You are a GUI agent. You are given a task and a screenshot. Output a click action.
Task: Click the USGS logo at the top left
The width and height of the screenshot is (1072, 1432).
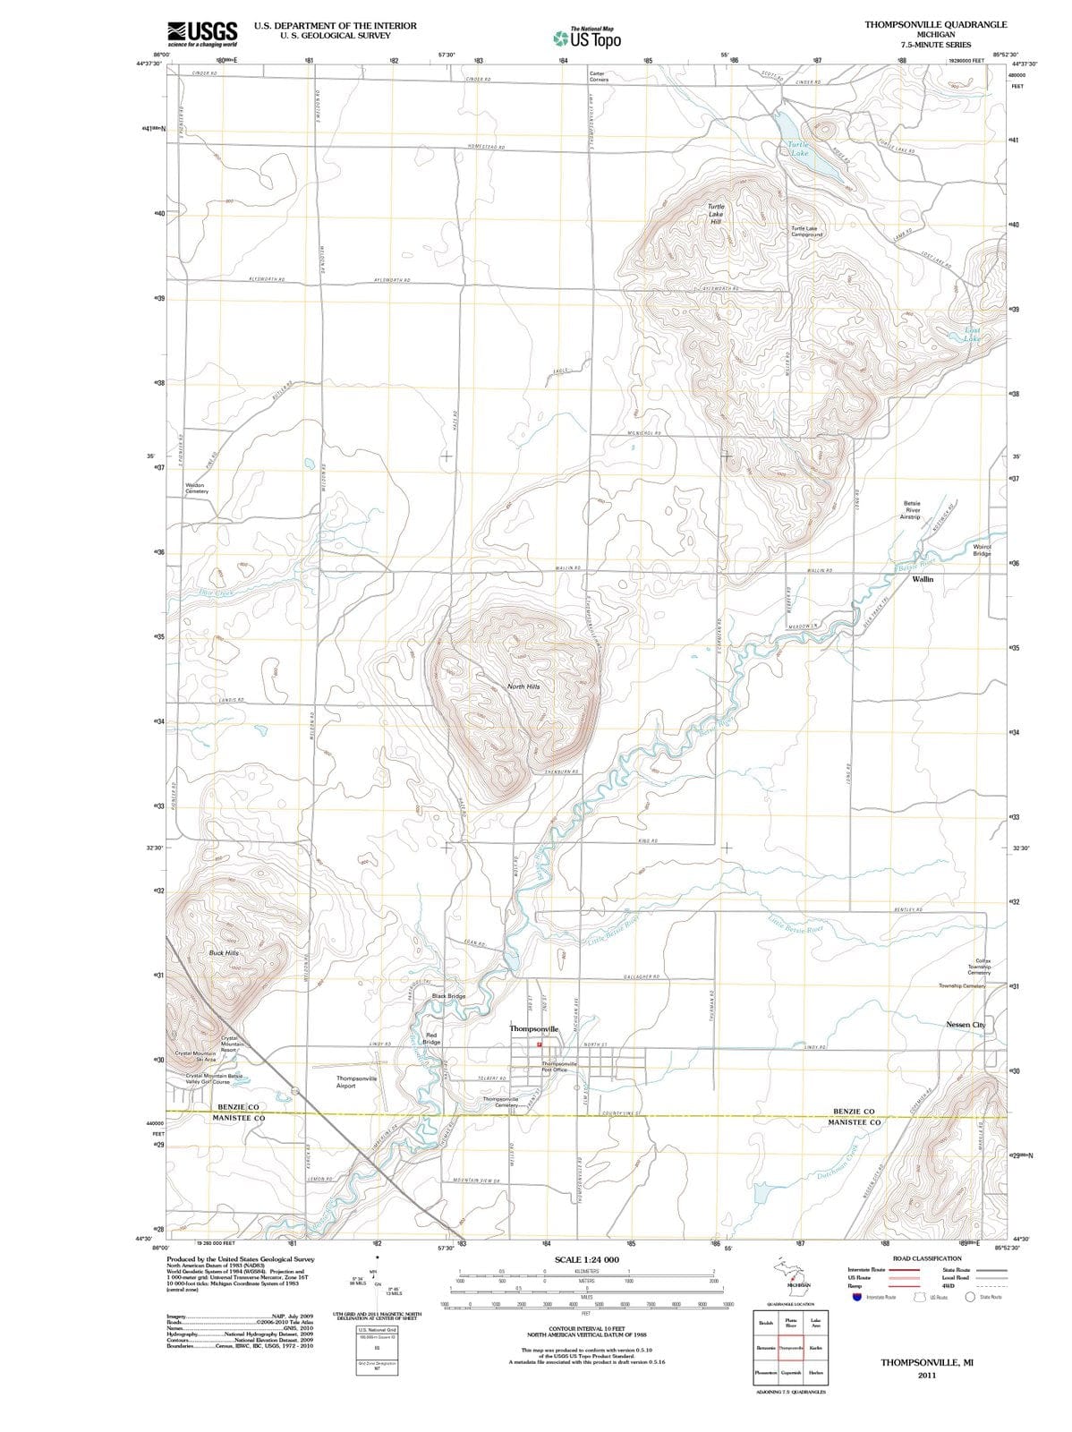click(202, 33)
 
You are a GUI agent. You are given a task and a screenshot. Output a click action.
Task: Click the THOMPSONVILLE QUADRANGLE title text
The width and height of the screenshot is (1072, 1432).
click(936, 24)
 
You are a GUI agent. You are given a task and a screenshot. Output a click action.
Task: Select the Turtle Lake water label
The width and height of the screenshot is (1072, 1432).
click(799, 149)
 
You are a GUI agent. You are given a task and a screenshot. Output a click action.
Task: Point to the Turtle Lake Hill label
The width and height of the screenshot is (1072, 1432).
click(716, 214)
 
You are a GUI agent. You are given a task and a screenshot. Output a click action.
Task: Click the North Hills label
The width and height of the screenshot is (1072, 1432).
click(523, 686)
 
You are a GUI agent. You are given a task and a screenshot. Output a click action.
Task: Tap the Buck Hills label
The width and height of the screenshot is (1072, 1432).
click(224, 953)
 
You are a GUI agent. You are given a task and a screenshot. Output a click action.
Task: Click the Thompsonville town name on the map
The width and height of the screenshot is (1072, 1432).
click(534, 1029)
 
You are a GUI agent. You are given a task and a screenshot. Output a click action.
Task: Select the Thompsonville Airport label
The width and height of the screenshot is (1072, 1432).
click(356, 1082)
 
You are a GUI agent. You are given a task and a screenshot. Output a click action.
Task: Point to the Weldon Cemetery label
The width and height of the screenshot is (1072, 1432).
click(196, 488)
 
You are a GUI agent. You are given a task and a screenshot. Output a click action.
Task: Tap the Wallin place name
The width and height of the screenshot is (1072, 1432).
click(923, 579)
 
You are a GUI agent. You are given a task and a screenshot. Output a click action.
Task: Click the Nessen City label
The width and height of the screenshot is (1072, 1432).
click(965, 1024)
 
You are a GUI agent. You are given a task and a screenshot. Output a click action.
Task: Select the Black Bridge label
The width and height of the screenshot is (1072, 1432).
click(448, 996)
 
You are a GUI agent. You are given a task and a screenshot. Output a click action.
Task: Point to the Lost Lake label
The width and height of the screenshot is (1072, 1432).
click(973, 336)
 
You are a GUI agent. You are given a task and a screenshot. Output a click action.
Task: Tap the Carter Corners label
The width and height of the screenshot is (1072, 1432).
click(600, 76)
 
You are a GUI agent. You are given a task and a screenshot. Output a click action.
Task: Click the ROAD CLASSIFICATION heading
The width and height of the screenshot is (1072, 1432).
click(927, 1258)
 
